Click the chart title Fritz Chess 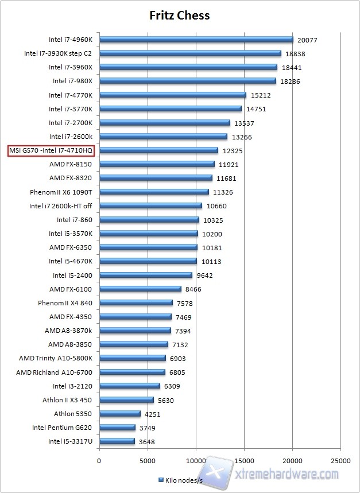[180, 15]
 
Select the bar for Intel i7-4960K [196, 40]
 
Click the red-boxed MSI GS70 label [51, 150]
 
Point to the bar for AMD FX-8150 [157, 164]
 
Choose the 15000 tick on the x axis [244, 460]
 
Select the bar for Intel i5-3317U [117, 441]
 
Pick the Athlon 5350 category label [72, 414]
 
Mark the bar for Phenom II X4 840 [136, 302]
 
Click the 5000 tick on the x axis [148, 460]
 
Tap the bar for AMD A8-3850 [134, 344]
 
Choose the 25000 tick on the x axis [341, 460]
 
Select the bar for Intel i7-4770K [172, 95]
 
